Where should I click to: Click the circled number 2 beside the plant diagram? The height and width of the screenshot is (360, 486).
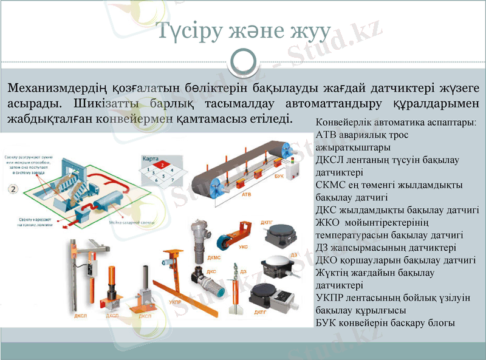[12, 189]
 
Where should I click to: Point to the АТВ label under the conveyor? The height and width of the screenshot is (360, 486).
[246, 195]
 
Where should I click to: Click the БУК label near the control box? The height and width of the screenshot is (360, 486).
[278, 175]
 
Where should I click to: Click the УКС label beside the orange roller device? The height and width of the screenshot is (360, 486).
[242, 247]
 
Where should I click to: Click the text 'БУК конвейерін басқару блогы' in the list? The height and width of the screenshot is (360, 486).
[385, 323]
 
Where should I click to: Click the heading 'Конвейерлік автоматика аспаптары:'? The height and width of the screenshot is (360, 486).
[396, 121]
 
